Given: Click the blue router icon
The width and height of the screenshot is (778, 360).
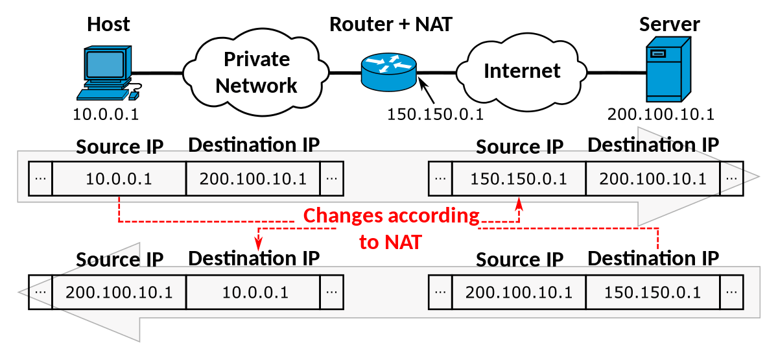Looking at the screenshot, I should click(389, 71).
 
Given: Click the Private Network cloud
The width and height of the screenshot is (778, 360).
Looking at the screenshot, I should click(256, 72).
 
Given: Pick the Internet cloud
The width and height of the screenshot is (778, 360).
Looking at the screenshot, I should click(522, 70).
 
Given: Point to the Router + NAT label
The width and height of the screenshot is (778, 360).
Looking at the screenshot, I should click(390, 25).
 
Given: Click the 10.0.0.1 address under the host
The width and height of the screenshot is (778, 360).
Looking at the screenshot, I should click(106, 115).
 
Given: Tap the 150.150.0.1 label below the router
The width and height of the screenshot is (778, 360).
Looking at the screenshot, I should click(435, 114).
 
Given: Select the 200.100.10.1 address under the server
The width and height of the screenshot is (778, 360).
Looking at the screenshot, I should click(661, 114).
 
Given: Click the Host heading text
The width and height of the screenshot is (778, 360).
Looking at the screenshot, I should click(108, 25).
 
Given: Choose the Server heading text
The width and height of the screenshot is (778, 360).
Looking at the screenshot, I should click(669, 25).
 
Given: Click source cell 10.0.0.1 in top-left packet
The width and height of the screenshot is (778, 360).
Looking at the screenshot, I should click(119, 178).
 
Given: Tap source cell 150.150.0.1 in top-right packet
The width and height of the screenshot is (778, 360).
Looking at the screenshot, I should click(519, 178).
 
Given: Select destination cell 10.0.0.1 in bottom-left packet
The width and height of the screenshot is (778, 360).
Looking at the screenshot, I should click(255, 292).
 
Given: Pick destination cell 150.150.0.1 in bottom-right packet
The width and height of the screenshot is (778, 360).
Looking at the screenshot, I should click(652, 292).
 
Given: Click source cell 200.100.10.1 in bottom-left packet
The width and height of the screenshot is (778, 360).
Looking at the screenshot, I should click(119, 292).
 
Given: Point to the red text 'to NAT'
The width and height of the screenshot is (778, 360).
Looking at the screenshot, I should click(390, 243).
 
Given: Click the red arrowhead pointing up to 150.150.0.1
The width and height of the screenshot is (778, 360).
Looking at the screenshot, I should click(519, 205).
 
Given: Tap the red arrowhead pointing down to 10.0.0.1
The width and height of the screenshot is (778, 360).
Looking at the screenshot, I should click(259, 244).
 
